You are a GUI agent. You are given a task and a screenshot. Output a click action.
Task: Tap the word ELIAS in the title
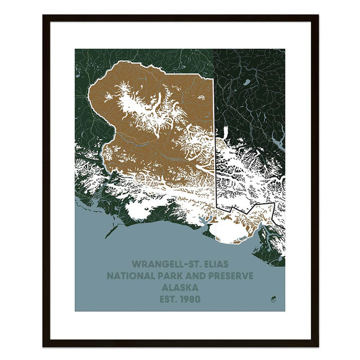click(214, 264)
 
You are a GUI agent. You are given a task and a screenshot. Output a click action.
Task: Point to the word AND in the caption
click(204, 276)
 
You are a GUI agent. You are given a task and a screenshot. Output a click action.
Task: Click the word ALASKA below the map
click(180, 288)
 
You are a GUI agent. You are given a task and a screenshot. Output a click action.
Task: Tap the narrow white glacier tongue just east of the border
click(225, 132)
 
